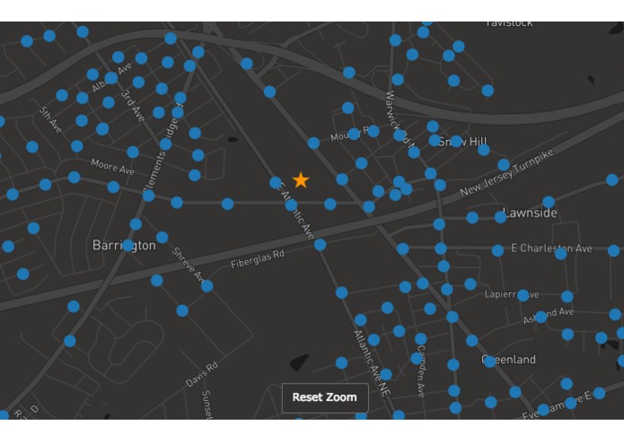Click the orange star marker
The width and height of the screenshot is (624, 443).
301,180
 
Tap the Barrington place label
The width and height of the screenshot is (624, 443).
124,245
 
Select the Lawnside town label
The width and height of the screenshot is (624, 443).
530,213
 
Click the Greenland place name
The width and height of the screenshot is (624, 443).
509,360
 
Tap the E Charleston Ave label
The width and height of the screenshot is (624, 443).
551,248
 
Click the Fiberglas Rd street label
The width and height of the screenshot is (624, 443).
258,259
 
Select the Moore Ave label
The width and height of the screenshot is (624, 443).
112,167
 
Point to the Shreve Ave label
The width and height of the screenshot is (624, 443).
189,264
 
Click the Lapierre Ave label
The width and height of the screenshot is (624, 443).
512,294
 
